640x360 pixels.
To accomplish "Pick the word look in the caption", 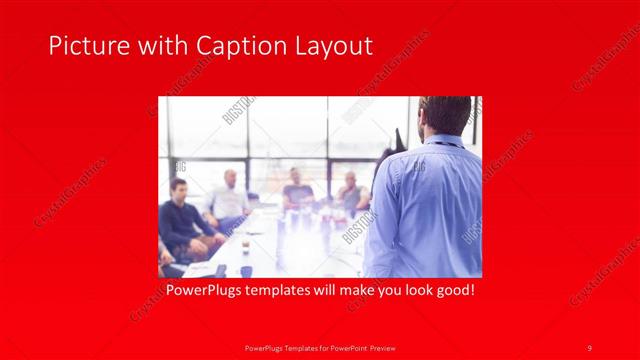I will (x=407, y=291).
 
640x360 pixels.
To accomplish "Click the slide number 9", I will (x=590, y=347).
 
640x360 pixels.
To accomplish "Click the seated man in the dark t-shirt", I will (x=297, y=192).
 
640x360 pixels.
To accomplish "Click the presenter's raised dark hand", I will (x=399, y=139).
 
